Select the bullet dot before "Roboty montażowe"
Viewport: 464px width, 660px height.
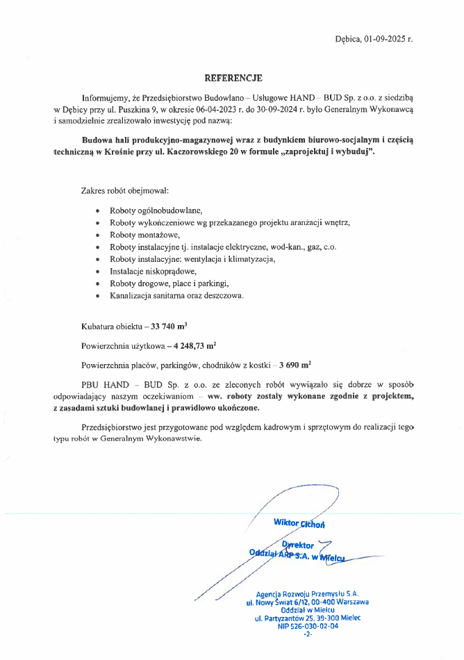(x=97, y=235)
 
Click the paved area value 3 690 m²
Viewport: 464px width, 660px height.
(x=295, y=363)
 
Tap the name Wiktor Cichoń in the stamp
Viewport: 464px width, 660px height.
(x=299, y=522)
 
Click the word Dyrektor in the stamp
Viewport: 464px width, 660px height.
(x=299, y=545)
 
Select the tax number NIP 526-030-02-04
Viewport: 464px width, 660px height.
(x=308, y=626)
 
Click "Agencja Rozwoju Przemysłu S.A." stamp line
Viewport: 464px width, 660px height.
(x=307, y=594)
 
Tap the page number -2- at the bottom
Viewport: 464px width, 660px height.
(x=308, y=634)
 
